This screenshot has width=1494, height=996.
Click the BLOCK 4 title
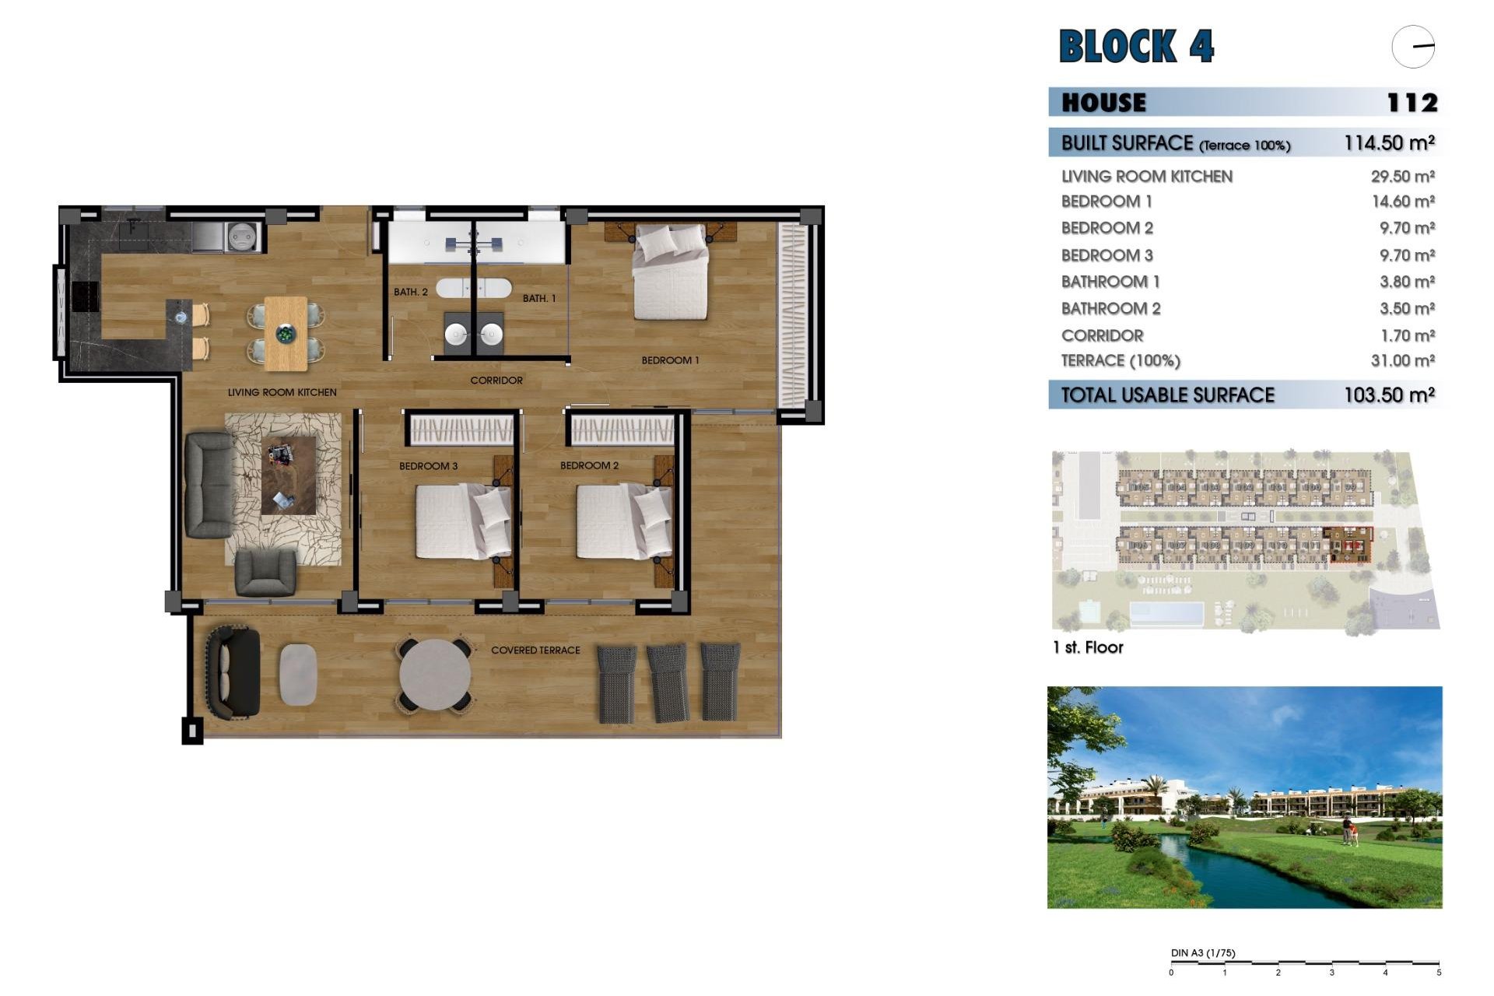[x=1136, y=46]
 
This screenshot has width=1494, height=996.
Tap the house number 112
[x=1412, y=103]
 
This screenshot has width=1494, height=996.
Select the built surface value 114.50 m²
[x=1389, y=143]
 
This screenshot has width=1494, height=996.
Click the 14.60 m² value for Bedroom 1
[x=1402, y=202]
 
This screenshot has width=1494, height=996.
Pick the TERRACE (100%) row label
[x=1120, y=361]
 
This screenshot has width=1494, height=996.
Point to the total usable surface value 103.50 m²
[x=1389, y=395]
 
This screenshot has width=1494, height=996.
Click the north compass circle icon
[x=1413, y=47]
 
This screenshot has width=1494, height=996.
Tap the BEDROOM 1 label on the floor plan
[x=670, y=360]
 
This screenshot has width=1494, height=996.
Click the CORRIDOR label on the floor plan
[x=496, y=381]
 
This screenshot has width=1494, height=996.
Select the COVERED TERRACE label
[x=535, y=651]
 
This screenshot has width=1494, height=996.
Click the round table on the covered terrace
[x=435, y=674]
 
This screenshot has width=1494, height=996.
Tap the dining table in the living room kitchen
[x=286, y=333]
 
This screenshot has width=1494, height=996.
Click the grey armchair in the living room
[x=265, y=572]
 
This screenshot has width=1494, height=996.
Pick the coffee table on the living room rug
[x=289, y=475]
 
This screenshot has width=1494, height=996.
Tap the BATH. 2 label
[x=410, y=293]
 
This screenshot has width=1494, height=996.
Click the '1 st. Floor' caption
[x=1087, y=647]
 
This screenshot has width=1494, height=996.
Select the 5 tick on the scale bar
[x=1439, y=972]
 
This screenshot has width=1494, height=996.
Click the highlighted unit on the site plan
[x=1348, y=545]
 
